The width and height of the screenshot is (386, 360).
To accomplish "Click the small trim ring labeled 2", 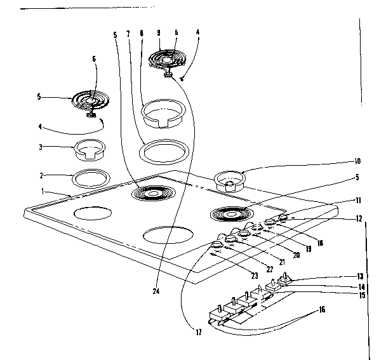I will point(89,179).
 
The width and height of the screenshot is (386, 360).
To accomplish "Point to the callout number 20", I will point(295,255).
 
